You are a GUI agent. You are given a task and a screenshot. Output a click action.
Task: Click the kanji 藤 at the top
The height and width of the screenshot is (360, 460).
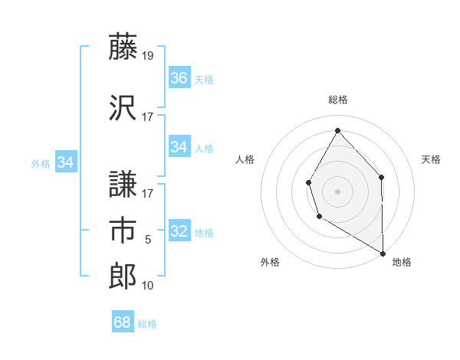click(123, 47)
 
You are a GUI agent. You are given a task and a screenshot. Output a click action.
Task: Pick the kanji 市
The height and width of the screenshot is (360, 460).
click(123, 230)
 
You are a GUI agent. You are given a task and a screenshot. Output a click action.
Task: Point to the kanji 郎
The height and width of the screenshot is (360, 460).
click(123, 276)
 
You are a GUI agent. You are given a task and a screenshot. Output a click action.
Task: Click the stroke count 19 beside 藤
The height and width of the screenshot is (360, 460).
click(148, 56)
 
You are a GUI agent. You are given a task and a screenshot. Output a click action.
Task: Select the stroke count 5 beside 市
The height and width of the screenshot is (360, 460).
click(148, 240)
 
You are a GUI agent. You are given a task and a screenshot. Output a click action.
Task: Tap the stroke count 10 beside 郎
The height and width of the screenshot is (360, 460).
click(148, 286)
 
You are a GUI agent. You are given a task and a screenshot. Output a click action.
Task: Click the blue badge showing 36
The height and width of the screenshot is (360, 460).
click(179, 78)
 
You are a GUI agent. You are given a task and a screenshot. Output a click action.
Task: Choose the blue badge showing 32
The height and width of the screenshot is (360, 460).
click(179, 231)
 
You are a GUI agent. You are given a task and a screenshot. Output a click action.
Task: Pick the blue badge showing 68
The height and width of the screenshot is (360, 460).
click(123, 322)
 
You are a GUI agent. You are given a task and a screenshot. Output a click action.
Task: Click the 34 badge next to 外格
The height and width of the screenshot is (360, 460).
click(66, 162)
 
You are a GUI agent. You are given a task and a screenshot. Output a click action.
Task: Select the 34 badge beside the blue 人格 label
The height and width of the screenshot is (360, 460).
click(179, 147)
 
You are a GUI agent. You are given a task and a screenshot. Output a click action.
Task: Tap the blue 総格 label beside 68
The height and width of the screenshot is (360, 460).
click(147, 324)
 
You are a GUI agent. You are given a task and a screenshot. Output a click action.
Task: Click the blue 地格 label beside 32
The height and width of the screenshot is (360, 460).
click(204, 233)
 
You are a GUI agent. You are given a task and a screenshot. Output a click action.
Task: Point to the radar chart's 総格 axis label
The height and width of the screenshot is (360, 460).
click(337, 100)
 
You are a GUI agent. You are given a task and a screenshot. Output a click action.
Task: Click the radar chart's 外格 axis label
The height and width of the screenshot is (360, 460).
click(270, 262)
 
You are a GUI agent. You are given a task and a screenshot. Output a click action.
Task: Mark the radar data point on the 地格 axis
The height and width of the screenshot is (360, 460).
click(383, 254)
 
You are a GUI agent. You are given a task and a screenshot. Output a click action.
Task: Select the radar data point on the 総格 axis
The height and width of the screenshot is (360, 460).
click(337, 129)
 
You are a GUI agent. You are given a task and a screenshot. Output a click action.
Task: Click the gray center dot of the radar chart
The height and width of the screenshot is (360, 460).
click(337, 191)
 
